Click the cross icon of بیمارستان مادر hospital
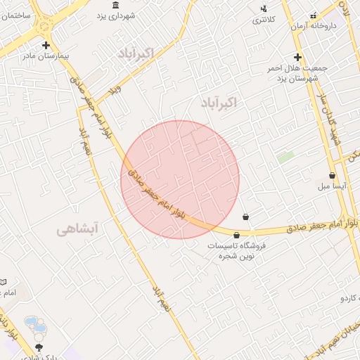(46, 45)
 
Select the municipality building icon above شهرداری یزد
(116, 6)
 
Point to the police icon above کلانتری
(264, 9)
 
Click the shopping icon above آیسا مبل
(332, 176)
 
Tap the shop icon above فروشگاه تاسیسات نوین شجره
(236, 235)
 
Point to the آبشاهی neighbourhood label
(79, 229)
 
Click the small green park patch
(285, 157)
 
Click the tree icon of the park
(39, 347)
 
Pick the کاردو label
(349, 298)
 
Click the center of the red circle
(180, 179)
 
